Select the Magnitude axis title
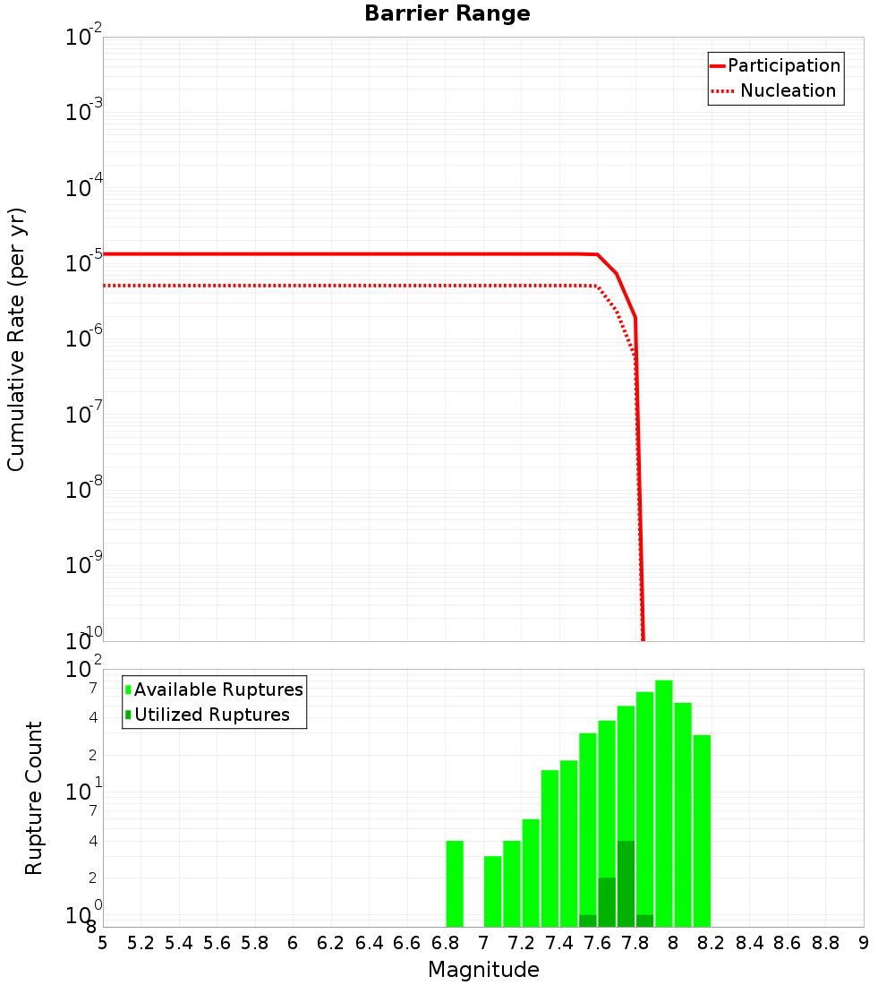pos(483,970)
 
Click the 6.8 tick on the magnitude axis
pos(445,943)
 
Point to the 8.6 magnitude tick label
pos(788,943)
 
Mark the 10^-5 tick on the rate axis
pos(84,263)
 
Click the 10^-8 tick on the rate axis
pos(84,490)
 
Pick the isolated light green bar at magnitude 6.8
pos(455,884)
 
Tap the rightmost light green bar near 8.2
pos(702,831)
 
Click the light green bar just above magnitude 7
pos(492,891)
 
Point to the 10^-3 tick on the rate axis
pos(84,112)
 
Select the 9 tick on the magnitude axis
pos(864,943)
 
